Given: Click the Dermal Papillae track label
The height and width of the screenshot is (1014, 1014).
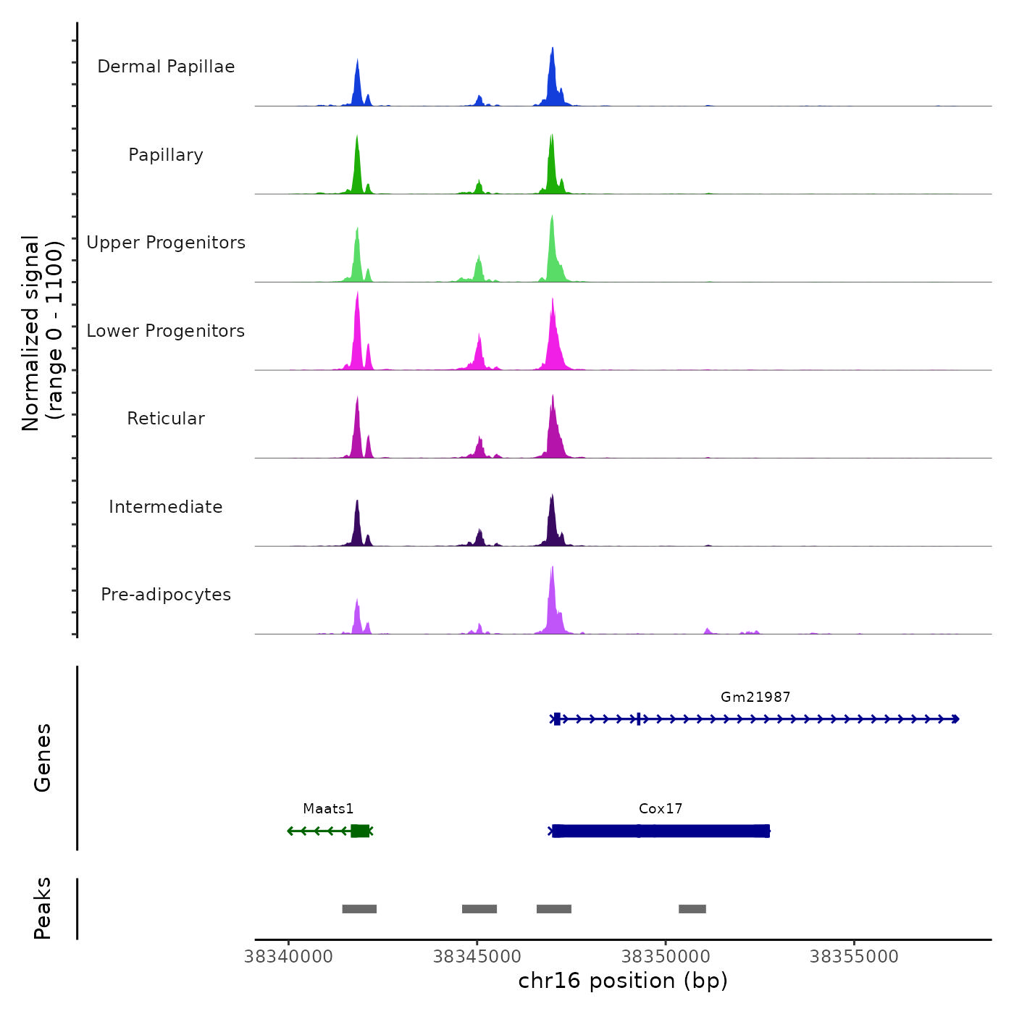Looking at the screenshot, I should [166, 67].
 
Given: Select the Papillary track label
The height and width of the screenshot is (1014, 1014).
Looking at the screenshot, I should [166, 155].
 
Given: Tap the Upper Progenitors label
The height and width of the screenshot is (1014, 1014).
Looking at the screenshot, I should [166, 243].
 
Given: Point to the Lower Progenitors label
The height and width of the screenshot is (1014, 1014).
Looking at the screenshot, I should [166, 331].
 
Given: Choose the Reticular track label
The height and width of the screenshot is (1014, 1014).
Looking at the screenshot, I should [166, 419].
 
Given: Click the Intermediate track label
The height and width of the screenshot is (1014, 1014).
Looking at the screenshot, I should [166, 507].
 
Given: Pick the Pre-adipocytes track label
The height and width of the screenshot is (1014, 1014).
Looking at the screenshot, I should [166, 595].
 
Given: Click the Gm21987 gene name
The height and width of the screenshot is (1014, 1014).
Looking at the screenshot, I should [755, 697].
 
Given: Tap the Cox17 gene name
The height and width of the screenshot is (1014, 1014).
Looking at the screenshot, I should [661, 808].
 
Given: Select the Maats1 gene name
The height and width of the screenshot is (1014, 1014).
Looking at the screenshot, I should [328, 808].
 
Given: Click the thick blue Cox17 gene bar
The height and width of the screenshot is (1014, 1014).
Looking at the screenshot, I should [661, 831].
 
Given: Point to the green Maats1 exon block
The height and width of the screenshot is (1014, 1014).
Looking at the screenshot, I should [360, 831].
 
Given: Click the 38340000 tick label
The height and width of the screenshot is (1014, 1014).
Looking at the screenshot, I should [289, 956].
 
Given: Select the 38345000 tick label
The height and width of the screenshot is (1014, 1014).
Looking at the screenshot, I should [477, 956].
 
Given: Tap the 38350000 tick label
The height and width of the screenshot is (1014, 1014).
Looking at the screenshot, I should [666, 956].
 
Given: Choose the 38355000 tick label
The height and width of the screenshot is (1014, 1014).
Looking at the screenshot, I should [854, 956].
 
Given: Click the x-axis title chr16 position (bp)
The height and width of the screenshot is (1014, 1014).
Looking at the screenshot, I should [623, 981].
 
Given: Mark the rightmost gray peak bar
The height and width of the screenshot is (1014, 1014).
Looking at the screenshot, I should [692, 909].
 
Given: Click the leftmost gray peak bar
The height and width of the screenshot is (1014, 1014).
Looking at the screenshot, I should [359, 909].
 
